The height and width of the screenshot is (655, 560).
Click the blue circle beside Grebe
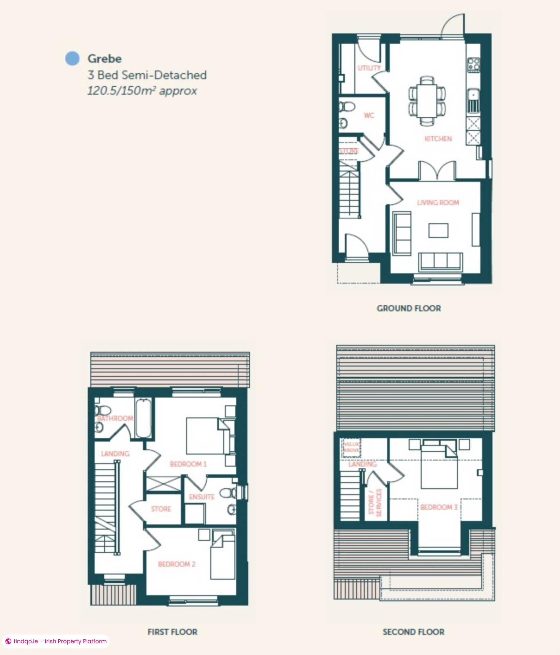coord(72,58)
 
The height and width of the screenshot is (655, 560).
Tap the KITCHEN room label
coord(438,139)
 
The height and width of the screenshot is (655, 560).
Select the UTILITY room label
coord(369,68)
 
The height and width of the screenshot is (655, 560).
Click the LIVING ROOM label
coord(438,203)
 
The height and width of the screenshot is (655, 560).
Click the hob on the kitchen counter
coord(473,64)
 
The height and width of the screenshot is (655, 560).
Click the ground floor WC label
coord(369,116)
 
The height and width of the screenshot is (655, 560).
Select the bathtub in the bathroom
coord(143,419)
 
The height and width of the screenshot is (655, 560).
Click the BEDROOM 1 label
coord(188,464)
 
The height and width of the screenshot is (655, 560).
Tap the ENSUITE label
coord(202,497)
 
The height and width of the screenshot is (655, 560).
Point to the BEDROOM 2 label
coord(177,564)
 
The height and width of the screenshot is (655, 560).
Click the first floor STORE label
coord(161,509)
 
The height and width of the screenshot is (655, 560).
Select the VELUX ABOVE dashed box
coord(351,448)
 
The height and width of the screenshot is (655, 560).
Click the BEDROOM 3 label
coord(439,507)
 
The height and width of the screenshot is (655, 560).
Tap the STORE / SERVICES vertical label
coord(375,503)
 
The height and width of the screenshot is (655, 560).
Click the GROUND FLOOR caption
coord(409,308)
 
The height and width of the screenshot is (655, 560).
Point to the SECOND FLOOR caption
coord(413,632)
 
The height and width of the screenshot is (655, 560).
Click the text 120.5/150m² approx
coord(142,91)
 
